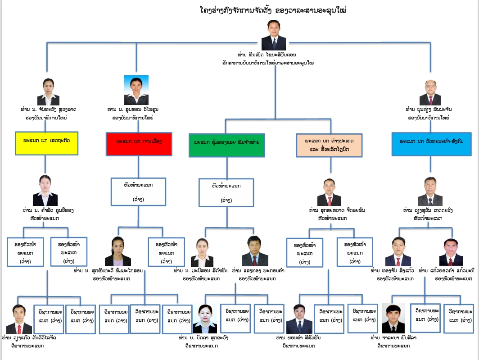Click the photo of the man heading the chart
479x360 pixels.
point(274,35)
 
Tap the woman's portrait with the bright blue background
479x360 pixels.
point(136,90)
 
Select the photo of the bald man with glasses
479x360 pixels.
point(429,93)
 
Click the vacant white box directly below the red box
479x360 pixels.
point(139,192)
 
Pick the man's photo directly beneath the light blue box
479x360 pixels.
point(430,191)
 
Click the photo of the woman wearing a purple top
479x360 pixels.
point(118,251)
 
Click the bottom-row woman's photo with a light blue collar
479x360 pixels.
point(205,319)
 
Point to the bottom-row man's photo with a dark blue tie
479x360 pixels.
point(299,319)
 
